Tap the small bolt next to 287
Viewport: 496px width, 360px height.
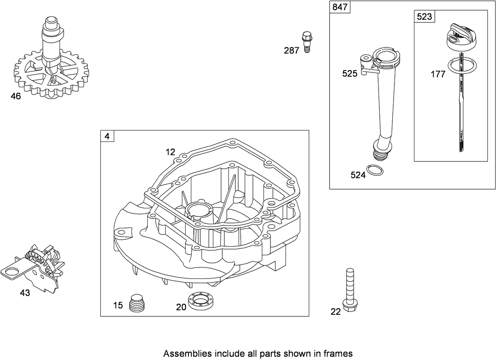pyautogui.click(x=307, y=41)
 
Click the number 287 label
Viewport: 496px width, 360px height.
pyautogui.click(x=292, y=51)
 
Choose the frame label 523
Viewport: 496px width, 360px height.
pyautogui.click(x=424, y=17)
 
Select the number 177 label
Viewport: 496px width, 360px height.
pyautogui.click(x=438, y=74)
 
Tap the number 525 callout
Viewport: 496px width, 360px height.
pyautogui.click(x=350, y=73)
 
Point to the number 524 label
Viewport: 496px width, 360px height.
pyautogui.click(x=358, y=175)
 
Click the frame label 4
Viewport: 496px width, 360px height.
pyautogui.click(x=107, y=137)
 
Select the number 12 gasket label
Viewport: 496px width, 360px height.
pyautogui.click(x=170, y=152)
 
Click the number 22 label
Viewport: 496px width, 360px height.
pyautogui.click(x=335, y=312)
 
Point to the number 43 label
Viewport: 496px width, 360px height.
pyautogui.click(x=25, y=293)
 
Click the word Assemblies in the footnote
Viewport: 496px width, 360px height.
pyautogui.click(x=184, y=353)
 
